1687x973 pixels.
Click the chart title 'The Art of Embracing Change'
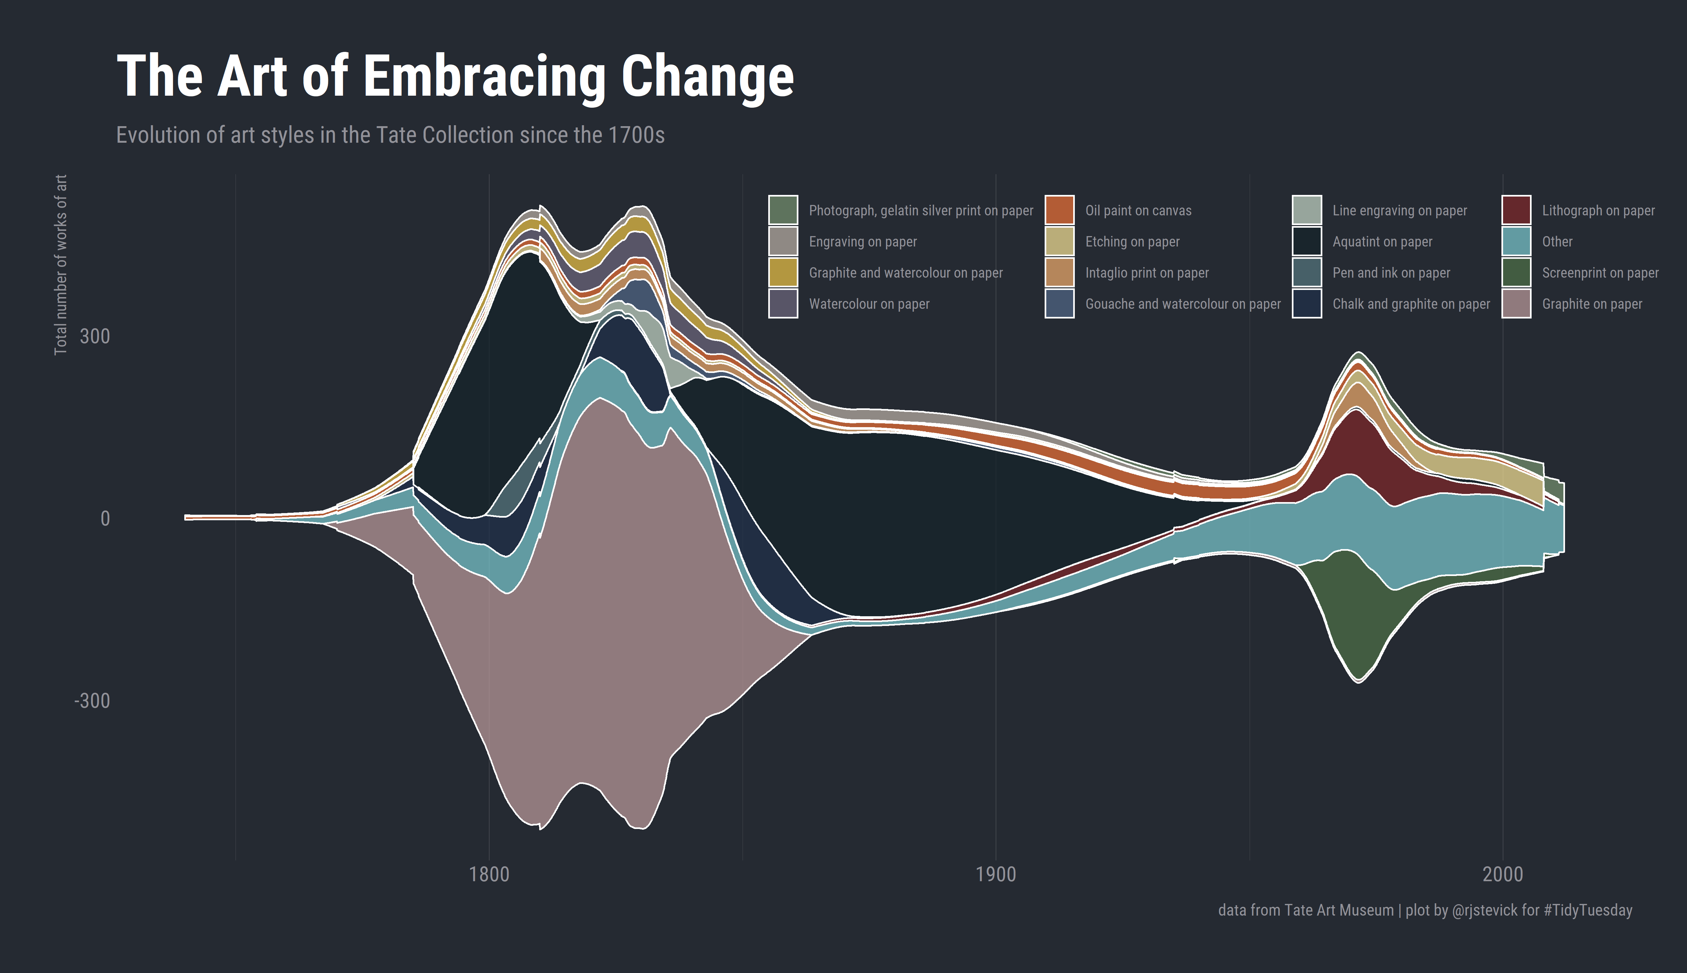[x=455, y=77]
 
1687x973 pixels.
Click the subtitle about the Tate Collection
[x=390, y=135]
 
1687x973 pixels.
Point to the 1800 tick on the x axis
[x=489, y=874]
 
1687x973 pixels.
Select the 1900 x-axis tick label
[x=996, y=874]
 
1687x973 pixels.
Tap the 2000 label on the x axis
[x=1502, y=874]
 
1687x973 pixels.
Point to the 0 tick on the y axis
[x=105, y=519]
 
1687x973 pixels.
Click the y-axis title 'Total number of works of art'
[x=61, y=265]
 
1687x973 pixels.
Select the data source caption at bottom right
[x=1425, y=910]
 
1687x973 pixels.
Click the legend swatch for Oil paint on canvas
[x=1059, y=210]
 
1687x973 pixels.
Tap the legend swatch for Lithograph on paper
[x=1516, y=210]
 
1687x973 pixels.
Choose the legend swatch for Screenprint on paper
[x=1516, y=272]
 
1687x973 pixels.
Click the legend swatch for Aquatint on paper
[x=1307, y=241]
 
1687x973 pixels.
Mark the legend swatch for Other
[x=1516, y=241]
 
